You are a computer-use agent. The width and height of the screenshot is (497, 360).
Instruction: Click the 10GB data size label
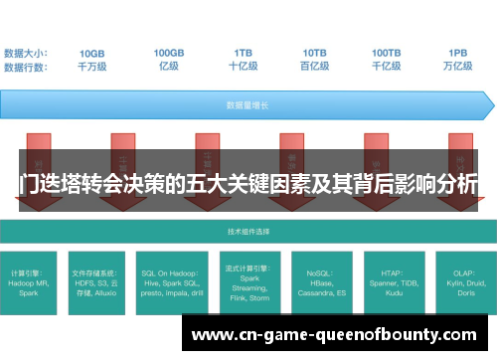pos(92,53)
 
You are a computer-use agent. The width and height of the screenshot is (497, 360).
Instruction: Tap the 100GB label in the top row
pos(168,53)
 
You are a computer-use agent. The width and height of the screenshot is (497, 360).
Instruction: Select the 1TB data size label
pos(243,53)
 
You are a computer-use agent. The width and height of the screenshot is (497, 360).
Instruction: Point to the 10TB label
pos(315,53)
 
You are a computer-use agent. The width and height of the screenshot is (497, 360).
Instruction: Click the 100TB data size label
pos(387,53)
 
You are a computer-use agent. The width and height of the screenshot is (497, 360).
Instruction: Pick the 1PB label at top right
pos(458,53)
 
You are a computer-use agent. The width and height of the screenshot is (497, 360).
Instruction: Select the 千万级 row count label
pos(92,67)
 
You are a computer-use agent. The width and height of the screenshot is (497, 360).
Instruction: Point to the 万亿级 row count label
pos(458,67)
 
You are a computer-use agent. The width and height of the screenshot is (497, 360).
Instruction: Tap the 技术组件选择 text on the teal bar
pos(248,231)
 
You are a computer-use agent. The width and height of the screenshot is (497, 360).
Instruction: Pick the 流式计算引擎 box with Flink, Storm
pos(248,282)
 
